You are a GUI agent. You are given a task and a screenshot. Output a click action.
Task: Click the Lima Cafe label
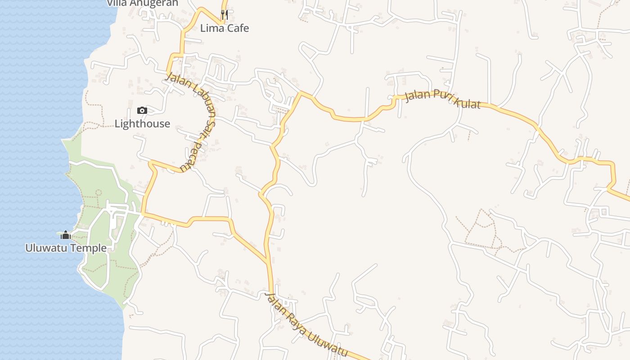[224, 28]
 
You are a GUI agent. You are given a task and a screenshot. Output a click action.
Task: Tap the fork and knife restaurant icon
[225, 15]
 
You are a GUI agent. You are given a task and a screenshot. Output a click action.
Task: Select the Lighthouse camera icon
[142, 110]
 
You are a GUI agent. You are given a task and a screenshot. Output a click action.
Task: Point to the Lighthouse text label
[142, 124]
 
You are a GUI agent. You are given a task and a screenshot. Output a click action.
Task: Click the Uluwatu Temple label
[66, 248]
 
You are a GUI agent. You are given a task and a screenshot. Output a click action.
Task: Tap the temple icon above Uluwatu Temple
[66, 235]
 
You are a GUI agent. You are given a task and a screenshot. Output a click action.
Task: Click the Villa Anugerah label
[142, 3]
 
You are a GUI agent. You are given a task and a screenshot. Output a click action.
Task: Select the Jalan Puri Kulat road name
[443, 100]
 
